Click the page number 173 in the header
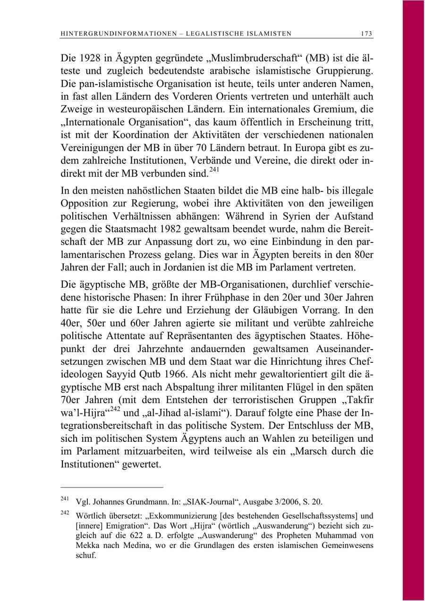tap(366, 34)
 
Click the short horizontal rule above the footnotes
tap(112, 487)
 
